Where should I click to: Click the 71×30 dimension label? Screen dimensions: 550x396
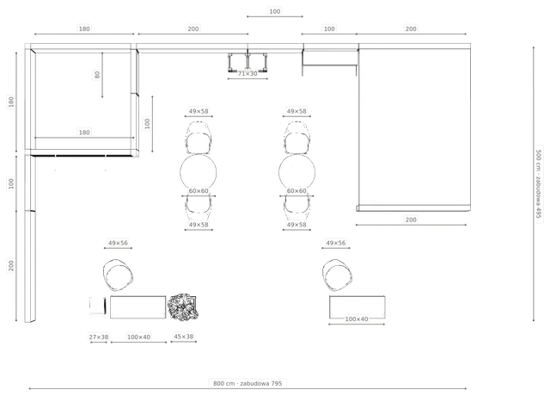pyautogui.click(x=247, y=74)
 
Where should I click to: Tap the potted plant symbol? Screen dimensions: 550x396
pyautogui.click(x=182, y=307)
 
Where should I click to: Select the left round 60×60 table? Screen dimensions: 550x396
pyautogui.click(x=199, y=172)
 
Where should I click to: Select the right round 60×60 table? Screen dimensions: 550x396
pyautogui.click(x=296, y=172)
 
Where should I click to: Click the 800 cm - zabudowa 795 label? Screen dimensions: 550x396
pyautogui.click(x=247, y=383)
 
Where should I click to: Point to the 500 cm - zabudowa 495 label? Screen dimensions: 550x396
pyautogui.click(x=539, y=183)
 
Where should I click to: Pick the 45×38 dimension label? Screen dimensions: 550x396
pyautogui.click(x=183, y=337)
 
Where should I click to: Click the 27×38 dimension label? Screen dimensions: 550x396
pyautogui.click(x=99, y=337)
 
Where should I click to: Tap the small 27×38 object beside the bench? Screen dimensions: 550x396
pyautogui.click(x=97, y=306)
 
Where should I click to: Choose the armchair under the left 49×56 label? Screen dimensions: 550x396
pyautogui.click(x=118, y=275)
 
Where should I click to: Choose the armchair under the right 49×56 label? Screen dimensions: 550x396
pyautogui.click(x=337, y=275)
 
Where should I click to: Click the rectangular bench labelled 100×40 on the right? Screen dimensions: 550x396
pyautogui.click(x=357, y=307)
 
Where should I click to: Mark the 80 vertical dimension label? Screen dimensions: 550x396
pyautogui.click(x=97, y=75)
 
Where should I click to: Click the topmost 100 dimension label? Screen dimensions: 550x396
pyautogui.click(x=275, y=11)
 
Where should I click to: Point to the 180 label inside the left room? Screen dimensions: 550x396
pyautogui.click(x=84, y=133)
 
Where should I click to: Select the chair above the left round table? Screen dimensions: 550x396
pyautogui.click(x=199, y=138)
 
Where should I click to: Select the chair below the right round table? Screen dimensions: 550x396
pyautogui.click(x=296, y=204)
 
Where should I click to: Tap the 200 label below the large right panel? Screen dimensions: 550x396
pyautogui.click(x=411, y=220)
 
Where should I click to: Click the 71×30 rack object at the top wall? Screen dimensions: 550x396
pyautogui.click(x=247, y=62)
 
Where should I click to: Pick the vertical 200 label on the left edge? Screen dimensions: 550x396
pyautogui.click(x=11, y=266)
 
